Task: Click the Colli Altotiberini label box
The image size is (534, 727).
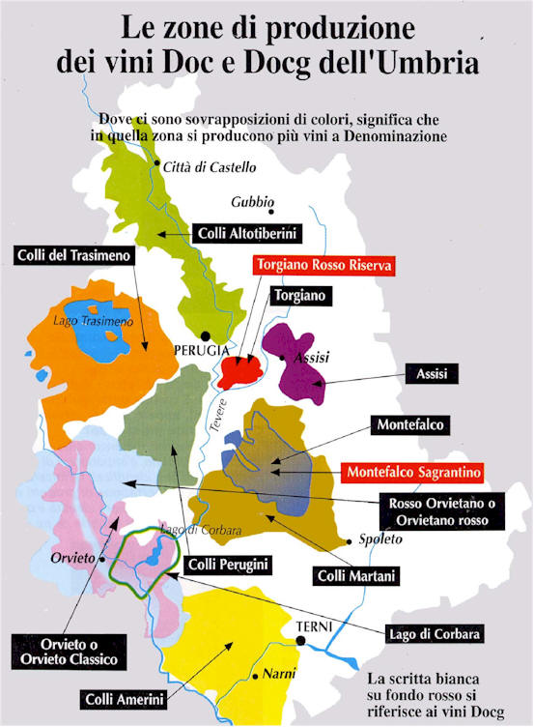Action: pyautogui.click(x=248, y=233)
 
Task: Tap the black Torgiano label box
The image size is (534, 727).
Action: pyautogui.click(x=300, y=294)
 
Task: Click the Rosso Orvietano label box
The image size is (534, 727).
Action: pyautogui.click(x=438, y=511)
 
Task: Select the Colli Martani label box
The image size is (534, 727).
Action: pyautogui.click(x=357, y=576)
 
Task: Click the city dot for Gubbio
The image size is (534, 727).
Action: pyautogui.click(x=272, y=211)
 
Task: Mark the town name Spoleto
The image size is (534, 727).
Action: pyautogui.click(x=379, y=539)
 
